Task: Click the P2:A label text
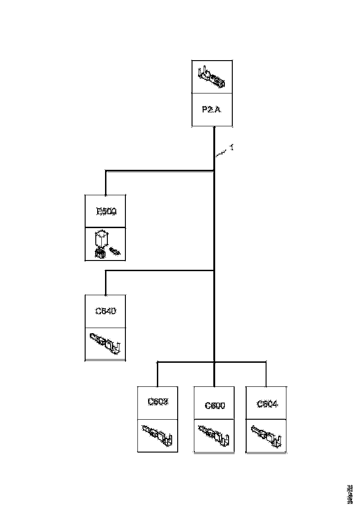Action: click(x=212, y=110)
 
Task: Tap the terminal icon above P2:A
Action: click(x=212, y=77)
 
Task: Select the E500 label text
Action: click(x=106, y=211)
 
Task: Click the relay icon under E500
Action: click(x=106, y=244)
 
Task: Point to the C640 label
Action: click(x=106, y=311)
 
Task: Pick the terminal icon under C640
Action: click(x=106, y=343)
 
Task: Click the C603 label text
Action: click(x=158, y=401)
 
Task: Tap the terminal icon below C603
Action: click(x=158, y=435)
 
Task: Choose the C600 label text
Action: click(x=215, y=406)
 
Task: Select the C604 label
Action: click(x=267, y=404)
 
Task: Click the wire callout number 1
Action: click(x=231, y=147)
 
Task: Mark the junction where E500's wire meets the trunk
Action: click(x=214, y=171)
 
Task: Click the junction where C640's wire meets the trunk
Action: click(x=214, y=271)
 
